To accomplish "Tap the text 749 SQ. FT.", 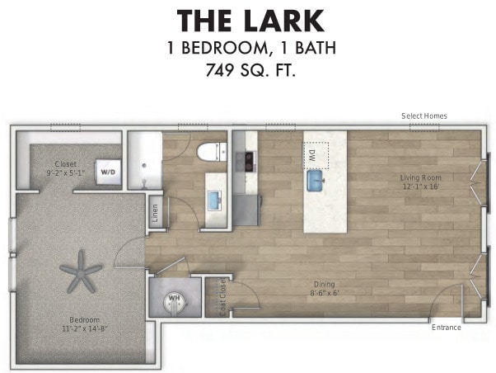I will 250,71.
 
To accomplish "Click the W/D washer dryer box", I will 108,172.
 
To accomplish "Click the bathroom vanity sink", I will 216,199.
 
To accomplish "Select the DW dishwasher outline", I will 315,153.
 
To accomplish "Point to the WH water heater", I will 175,299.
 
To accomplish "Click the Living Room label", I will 421,182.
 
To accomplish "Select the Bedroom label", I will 84,323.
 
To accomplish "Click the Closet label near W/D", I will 65,168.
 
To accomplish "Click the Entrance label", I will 446,328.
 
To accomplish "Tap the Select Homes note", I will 423,116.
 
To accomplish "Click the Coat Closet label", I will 221,297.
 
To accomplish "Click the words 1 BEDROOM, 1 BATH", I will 250,47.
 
